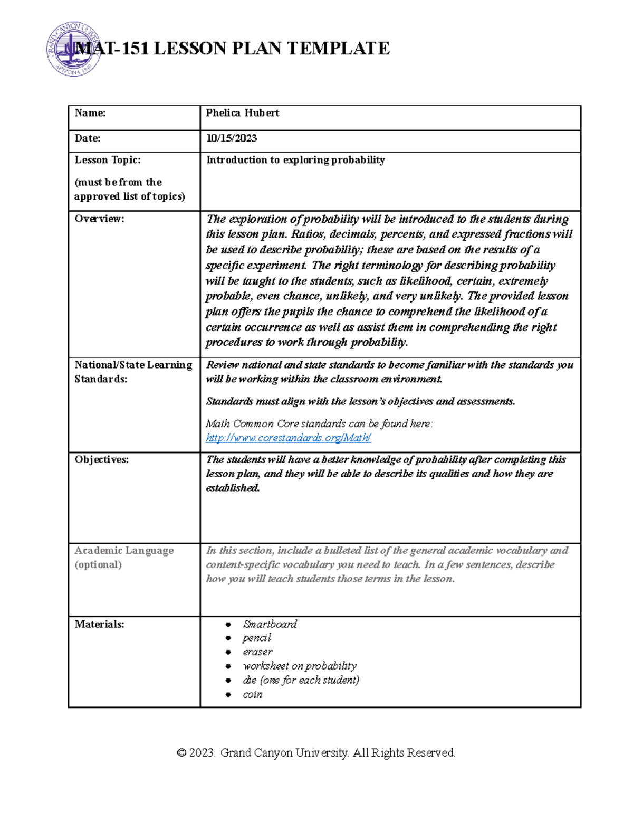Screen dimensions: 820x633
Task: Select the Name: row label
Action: (90, 113)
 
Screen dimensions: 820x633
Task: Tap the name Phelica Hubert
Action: (242, 113)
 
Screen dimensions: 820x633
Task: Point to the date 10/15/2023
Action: (231, 138)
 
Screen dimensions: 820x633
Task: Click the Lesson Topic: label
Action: (108, 160)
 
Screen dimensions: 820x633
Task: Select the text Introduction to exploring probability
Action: (295, 160)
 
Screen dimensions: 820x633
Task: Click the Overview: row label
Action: (99, 219)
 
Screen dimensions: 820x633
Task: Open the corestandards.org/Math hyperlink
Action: (288, 438)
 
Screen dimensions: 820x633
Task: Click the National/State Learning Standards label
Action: (133, 372)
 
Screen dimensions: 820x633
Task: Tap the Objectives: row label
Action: (101, 459)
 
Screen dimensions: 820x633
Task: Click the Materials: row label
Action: (99, 624)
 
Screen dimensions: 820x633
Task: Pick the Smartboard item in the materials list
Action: (270, 624)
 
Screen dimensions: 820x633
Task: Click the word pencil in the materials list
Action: (256, 638)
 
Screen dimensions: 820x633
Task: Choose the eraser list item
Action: (257, 652)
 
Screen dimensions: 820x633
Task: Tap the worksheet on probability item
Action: (299, 666)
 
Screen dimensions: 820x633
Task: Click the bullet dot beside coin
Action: (228, 694)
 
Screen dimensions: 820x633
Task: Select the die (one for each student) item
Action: (301, 680)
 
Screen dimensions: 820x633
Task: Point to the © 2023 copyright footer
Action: (316, 752)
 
